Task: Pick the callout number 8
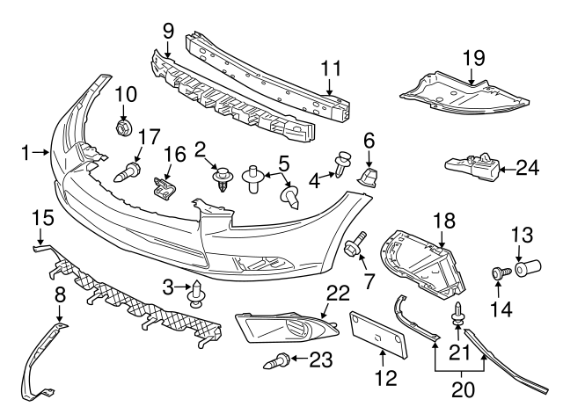tap(59, 294)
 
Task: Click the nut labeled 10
tap(124, 127)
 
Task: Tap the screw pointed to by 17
tap(129, 171)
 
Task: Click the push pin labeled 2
tap(223, 181)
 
